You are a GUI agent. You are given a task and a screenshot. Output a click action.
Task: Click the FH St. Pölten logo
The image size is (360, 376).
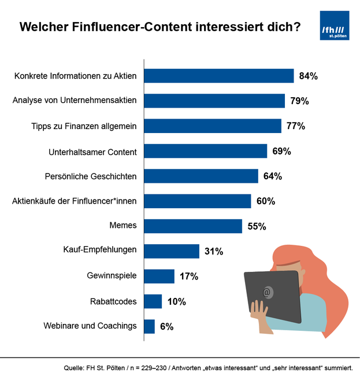(335, 26)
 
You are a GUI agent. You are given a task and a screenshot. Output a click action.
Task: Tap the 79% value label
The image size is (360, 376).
(299, 101)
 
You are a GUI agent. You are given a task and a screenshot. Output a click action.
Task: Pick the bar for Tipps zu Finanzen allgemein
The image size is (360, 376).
(212, 126)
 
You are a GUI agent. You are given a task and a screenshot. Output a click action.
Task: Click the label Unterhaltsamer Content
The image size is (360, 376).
(92, 152)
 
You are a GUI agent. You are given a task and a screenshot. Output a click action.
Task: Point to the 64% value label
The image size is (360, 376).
(273, 176)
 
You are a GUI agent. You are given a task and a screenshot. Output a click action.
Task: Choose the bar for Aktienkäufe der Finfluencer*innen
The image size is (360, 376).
(197, 201)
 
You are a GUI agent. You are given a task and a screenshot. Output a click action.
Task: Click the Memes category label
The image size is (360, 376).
(123, 226)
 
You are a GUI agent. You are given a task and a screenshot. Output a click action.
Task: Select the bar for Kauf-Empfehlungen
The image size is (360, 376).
(172, 251)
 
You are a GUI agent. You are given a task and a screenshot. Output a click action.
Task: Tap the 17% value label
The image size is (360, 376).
(189, 277)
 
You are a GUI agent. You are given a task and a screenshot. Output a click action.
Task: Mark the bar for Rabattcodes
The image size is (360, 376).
(153, 301)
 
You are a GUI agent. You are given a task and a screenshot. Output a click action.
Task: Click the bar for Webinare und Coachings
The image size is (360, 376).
(149, 326)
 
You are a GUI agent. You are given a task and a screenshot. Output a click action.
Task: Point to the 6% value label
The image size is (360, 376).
(167, 327)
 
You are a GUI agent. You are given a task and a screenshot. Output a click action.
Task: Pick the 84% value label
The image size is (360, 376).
(309, 76)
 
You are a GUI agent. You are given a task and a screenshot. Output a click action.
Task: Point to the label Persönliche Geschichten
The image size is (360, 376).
(91, 176)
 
